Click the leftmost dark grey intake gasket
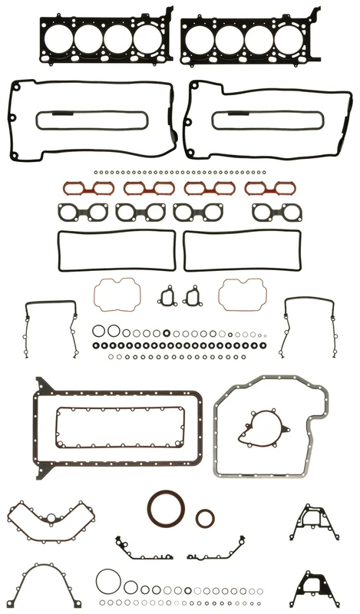81,212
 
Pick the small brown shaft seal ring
204,518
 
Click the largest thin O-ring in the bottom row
107,580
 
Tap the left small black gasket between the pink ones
167,295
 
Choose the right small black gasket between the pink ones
191,296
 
